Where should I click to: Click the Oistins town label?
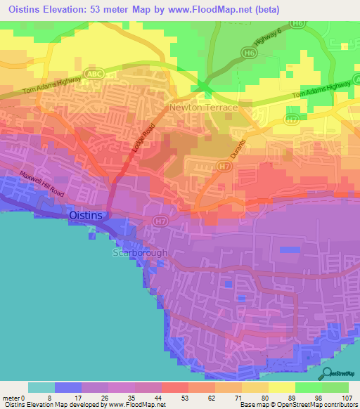pos(89,215)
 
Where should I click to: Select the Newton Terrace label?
pos(203,108)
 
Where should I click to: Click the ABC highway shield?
pos(94,73)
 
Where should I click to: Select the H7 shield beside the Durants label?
pos(224,167)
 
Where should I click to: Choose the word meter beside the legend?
pos(13,397)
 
